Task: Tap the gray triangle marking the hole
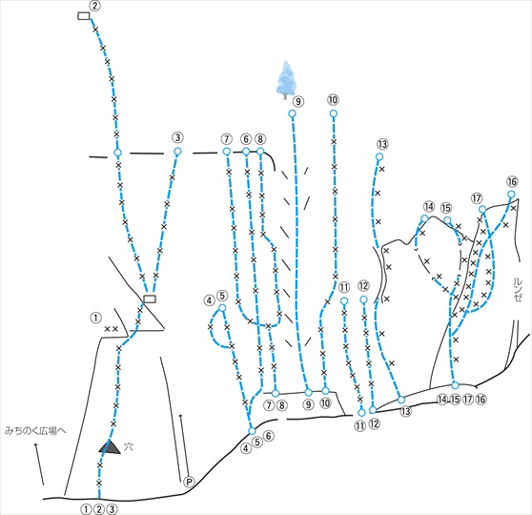(x=110, y=447)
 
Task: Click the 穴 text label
(x=128, y=446)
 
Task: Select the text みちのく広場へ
(x=35, y=431)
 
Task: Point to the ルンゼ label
(x=518, y=290)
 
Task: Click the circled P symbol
(x=189, y=482)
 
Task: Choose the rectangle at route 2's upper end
(x=84, y=16)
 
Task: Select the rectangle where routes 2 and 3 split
(x=150, y=299)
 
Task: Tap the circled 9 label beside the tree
(x=298, y=101)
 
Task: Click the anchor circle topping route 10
(x=334, y=113)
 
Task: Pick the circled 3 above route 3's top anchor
(x=177, y=138)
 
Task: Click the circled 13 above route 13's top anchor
(x=382, y=144)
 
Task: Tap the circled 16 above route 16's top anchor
(x=512, y=181)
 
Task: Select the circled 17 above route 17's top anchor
(x=477, y=198)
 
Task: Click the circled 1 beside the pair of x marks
(x=96, y=319)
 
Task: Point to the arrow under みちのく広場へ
(x=39, y=463)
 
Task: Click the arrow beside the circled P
(x=181, y=447)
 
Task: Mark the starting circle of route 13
(x=401, y=400)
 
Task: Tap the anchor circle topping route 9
(x=292, y=113)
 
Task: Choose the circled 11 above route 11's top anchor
(x=343, y=288)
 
